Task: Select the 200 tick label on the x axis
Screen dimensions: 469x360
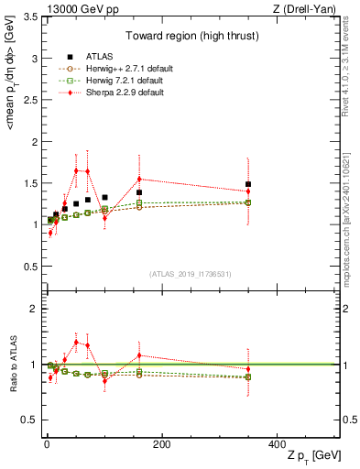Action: click(161, 443)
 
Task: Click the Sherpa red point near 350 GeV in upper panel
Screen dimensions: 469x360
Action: click(247, 191)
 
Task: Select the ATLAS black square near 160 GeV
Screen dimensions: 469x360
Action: click(139, 192)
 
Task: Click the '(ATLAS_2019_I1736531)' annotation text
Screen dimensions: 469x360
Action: click(190, 275)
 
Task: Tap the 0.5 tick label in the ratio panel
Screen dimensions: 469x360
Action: click(30, 420)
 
